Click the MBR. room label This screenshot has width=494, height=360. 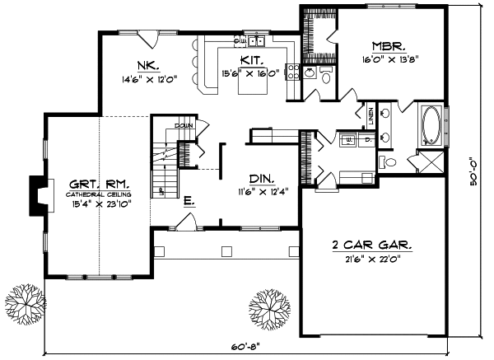coord(386,47)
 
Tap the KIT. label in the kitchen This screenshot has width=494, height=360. coord(251,61)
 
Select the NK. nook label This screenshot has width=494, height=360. coord(148,65)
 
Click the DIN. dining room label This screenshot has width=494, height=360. coord(261,177)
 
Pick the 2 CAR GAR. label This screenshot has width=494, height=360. coord(371,245)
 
